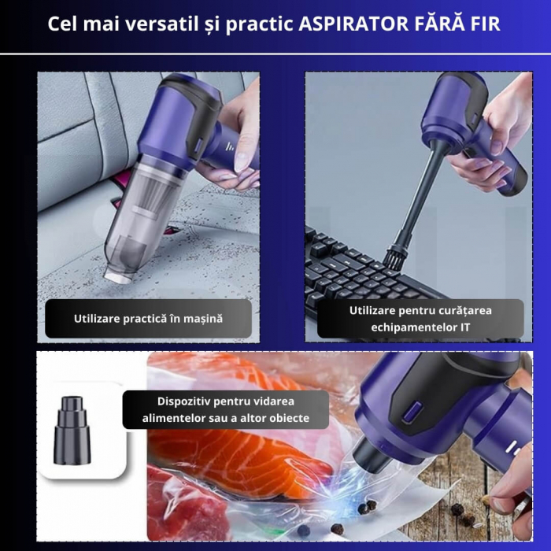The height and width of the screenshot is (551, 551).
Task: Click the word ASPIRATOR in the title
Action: tap(349, 24)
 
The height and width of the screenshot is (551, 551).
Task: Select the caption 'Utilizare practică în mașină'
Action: tap(148, 319)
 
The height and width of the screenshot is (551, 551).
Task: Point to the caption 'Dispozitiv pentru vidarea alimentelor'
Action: tap(225, 409)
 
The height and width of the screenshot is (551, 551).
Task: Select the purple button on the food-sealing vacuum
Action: tap(413, 412)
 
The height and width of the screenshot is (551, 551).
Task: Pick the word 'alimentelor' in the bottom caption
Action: tap(172, 418)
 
